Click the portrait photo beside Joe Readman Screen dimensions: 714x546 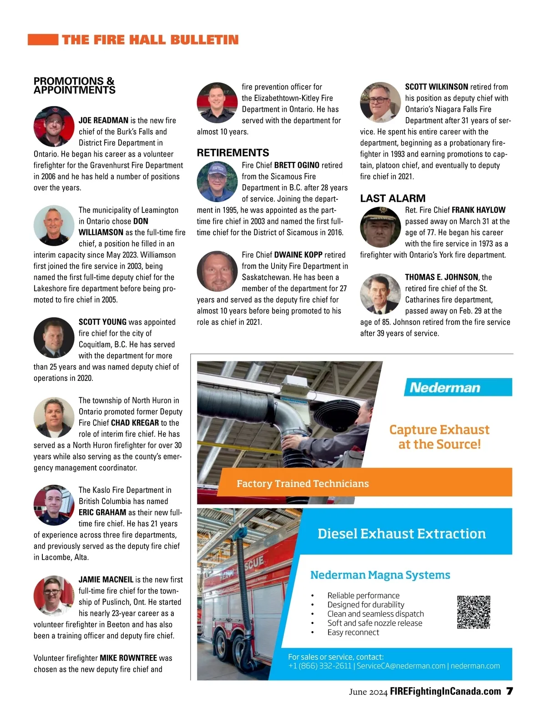[x=54, y=127]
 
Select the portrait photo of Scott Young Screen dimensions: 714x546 [x=54, y=338]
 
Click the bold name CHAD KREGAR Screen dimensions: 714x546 [x=135, y=423]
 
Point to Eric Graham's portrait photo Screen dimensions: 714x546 [x=54, y=505]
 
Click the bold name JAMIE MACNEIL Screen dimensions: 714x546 [x=106, y=579]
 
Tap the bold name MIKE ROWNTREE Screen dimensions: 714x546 [x=128, y=658]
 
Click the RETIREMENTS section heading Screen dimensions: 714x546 [x=233, y=153]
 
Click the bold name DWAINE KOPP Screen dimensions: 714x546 [x=298, y=255]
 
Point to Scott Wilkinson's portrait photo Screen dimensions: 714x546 [x=380, y=102]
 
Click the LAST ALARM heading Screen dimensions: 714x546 [x=393, y=198]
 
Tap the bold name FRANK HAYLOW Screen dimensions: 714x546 [x=479, y=210]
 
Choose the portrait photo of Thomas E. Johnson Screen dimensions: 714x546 [x=380, y=294]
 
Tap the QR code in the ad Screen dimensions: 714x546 [x=474, y=612]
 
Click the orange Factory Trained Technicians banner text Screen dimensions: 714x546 [x=303, y=483]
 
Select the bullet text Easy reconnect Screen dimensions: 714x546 [x=353, y=633]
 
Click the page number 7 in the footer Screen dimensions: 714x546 [x=510, y=691]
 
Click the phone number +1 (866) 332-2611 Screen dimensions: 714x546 [x=320, y=666]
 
